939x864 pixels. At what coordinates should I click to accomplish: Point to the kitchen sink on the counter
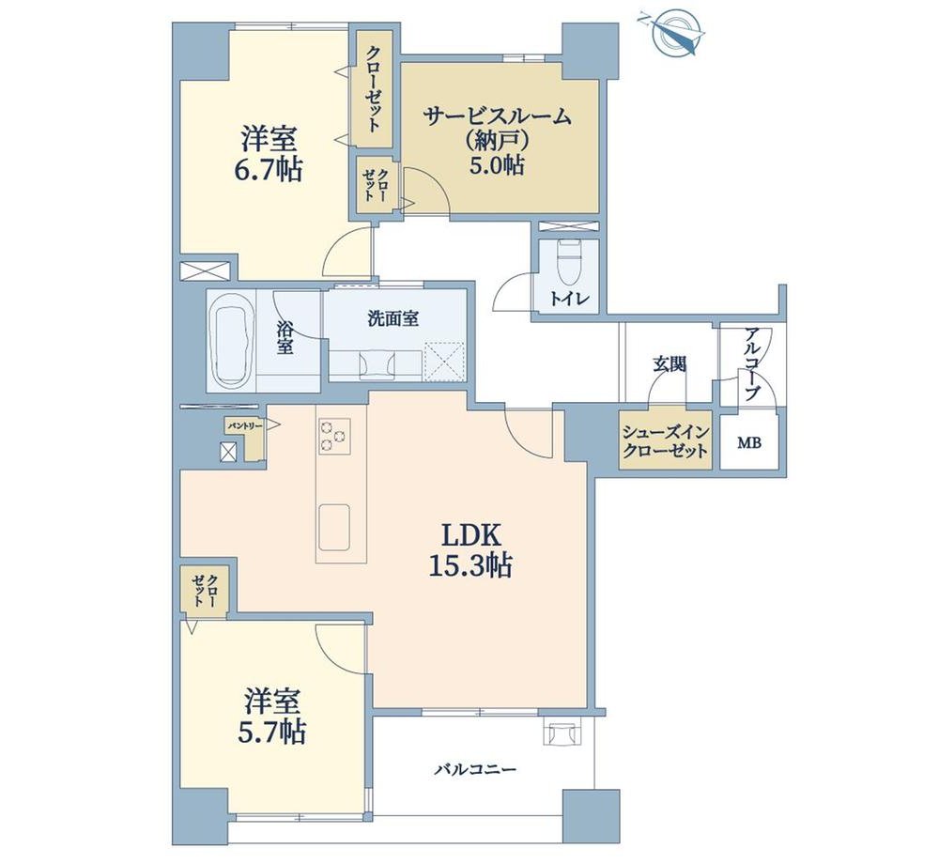[x=333, y=526]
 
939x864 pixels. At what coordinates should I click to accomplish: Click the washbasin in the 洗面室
[x=377, y=364]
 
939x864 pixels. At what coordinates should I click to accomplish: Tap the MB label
[x=748, y=443]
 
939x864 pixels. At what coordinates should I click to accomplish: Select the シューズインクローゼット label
[x=666, y=440]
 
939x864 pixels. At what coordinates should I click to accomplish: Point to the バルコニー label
[x=475, y=769]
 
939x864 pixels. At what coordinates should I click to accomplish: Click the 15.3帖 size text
[x=470, y=564]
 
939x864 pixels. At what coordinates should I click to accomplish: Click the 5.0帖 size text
[x=497, y=164]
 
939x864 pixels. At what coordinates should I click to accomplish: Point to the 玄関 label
[x=669, y=363]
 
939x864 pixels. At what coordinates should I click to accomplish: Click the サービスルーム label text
[x=497, y=116]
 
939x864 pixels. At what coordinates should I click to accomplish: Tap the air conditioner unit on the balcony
[x=562, y=732]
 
